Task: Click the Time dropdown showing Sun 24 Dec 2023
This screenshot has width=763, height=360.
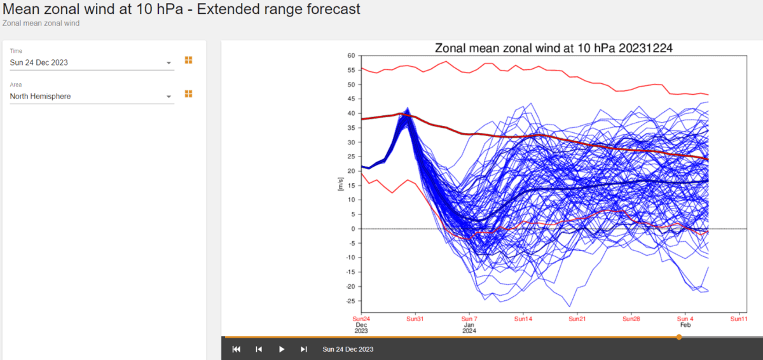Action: (x=91, y=63)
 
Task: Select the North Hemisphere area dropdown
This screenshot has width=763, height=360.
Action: (x=91, y=97)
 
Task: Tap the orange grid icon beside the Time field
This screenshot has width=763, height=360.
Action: (x=188, y=60)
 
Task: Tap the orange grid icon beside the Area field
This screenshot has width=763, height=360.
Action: (x=188, y=93)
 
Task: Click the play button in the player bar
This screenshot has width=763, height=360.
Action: (x=282, y=349)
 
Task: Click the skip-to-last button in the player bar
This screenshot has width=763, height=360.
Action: (x=304, y=349)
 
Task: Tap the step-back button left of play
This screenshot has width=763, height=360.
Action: (x=259, y=349)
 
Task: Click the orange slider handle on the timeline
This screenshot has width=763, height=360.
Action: (x=679, y=337)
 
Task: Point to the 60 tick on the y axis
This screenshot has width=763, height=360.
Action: (x=350, y=55)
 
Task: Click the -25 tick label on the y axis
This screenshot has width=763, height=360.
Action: (x=349, y=301)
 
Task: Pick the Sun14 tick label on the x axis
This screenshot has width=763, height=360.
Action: (x=523, y=319)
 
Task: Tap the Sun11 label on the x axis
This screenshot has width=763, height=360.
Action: (x=739, y=319)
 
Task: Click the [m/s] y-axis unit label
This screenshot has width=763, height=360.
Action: (x=341, y=185)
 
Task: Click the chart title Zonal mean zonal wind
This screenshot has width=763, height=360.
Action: (x=553, y=48)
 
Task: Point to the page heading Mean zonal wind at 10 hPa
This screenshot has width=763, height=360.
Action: (x=182, y=10)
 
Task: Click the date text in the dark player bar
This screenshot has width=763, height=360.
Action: (x=348, y=349)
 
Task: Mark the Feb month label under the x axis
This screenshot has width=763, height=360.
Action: (x=685, y=325)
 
